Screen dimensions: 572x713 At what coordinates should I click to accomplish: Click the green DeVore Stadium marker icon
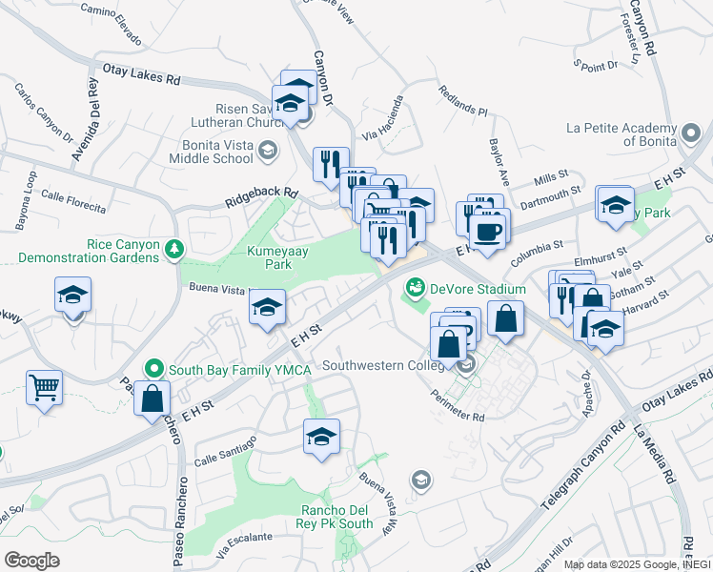pos(415,286)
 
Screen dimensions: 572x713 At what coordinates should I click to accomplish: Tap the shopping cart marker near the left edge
pos(44,389)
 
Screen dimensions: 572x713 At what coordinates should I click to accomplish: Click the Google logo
pos(32,560)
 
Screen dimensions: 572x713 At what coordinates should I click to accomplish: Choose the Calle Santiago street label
pos(227,443)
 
